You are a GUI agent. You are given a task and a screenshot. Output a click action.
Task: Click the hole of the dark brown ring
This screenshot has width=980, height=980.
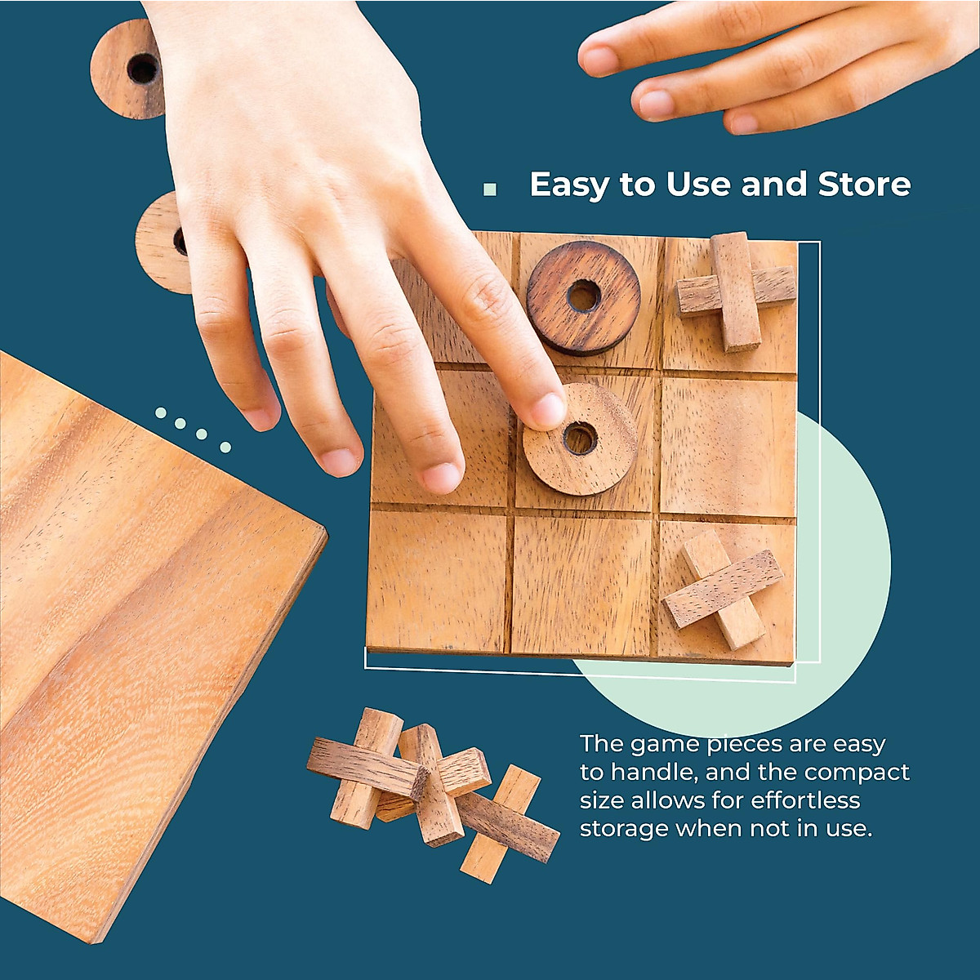click(x=583, y=296)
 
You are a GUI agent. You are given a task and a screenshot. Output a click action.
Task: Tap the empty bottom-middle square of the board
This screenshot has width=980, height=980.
click(x=581, y=585)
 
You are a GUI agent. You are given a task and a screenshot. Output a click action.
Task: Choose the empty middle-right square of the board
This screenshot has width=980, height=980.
click(x=727, y=444)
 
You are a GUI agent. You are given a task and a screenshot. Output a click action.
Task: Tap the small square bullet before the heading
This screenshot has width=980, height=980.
click(x=490, y=189)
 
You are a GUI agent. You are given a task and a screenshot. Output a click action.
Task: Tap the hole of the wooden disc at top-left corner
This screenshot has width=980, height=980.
click(x=142, y=69)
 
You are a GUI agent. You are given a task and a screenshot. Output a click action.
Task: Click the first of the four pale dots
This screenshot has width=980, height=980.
click(x=161, y=413)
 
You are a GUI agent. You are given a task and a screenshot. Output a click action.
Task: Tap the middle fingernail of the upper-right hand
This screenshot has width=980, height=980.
click(x=656, y=104)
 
